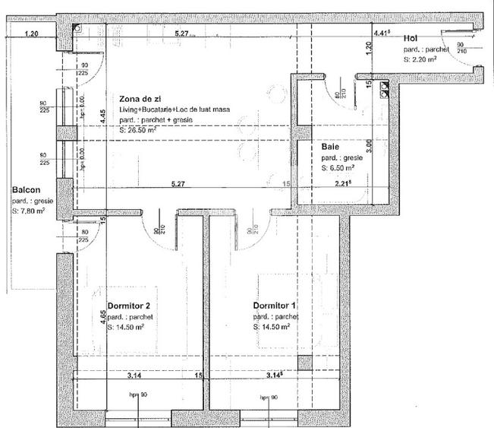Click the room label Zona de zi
coord(140,99)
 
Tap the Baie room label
coord(330,144)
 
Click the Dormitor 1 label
coord(275,305)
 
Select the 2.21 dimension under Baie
coord(343,183)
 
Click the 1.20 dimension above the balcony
coord(31,33)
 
